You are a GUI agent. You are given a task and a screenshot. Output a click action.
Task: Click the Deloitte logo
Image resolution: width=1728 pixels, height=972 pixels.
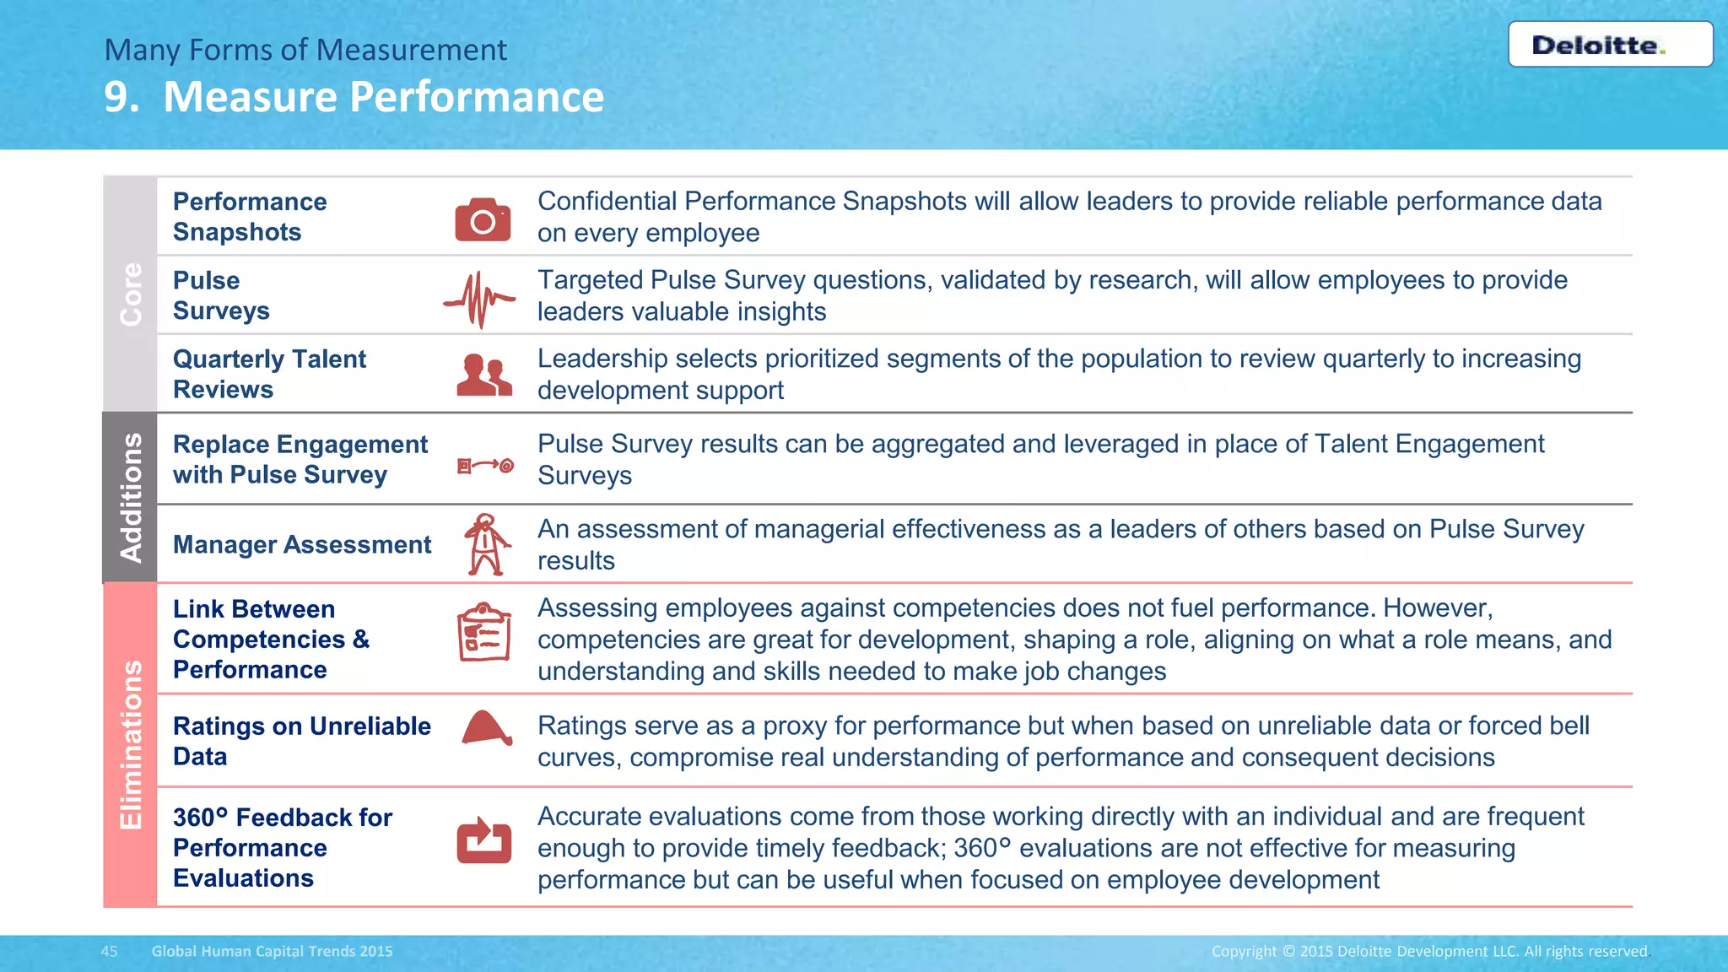pos(1610,45)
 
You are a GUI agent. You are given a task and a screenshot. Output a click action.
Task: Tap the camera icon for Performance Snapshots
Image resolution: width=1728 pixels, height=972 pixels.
pos(483,219)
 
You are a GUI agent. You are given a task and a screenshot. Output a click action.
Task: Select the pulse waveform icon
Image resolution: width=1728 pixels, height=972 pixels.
pos(479,299)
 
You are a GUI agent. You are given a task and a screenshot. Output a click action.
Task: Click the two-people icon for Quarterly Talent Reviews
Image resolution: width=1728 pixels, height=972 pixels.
pos(484,375)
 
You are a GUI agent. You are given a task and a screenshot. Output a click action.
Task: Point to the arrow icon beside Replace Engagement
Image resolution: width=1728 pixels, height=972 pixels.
pos(485,465)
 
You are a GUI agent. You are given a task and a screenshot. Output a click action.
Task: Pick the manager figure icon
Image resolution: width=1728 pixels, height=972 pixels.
pos(486,544)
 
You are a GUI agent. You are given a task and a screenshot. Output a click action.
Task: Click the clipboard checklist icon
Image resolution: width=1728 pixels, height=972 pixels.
pos(484,632)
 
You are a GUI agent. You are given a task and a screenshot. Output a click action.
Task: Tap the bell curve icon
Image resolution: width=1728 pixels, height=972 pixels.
pos(486,728)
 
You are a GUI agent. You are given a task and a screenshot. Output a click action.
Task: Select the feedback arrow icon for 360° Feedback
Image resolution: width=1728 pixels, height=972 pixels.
pos(484,840)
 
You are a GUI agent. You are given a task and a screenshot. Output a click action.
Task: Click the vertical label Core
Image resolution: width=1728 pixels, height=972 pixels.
pos(131,294)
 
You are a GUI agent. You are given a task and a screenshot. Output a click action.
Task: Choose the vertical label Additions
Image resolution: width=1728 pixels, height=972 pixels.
pos(131,497)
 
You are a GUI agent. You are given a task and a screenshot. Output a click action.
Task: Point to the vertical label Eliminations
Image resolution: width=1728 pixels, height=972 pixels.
pos(131,744)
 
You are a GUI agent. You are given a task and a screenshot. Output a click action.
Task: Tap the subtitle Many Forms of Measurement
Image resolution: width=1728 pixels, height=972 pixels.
pos(305,50)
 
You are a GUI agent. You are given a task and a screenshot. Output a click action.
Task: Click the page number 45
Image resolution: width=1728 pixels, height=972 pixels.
pos(110,951)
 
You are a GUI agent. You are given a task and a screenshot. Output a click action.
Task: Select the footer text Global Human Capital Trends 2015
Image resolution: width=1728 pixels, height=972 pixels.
pos(272,951)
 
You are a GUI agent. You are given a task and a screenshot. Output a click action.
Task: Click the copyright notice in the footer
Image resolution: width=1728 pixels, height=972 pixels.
pos(1429,951)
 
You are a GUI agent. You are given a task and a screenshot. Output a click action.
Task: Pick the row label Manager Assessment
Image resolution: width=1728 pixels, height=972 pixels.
pos(302,544)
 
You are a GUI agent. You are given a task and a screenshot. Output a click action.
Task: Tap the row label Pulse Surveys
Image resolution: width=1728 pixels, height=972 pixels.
pos(221,295)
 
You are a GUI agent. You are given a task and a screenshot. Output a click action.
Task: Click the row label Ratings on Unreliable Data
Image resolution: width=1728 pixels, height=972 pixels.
pos(301,741)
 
